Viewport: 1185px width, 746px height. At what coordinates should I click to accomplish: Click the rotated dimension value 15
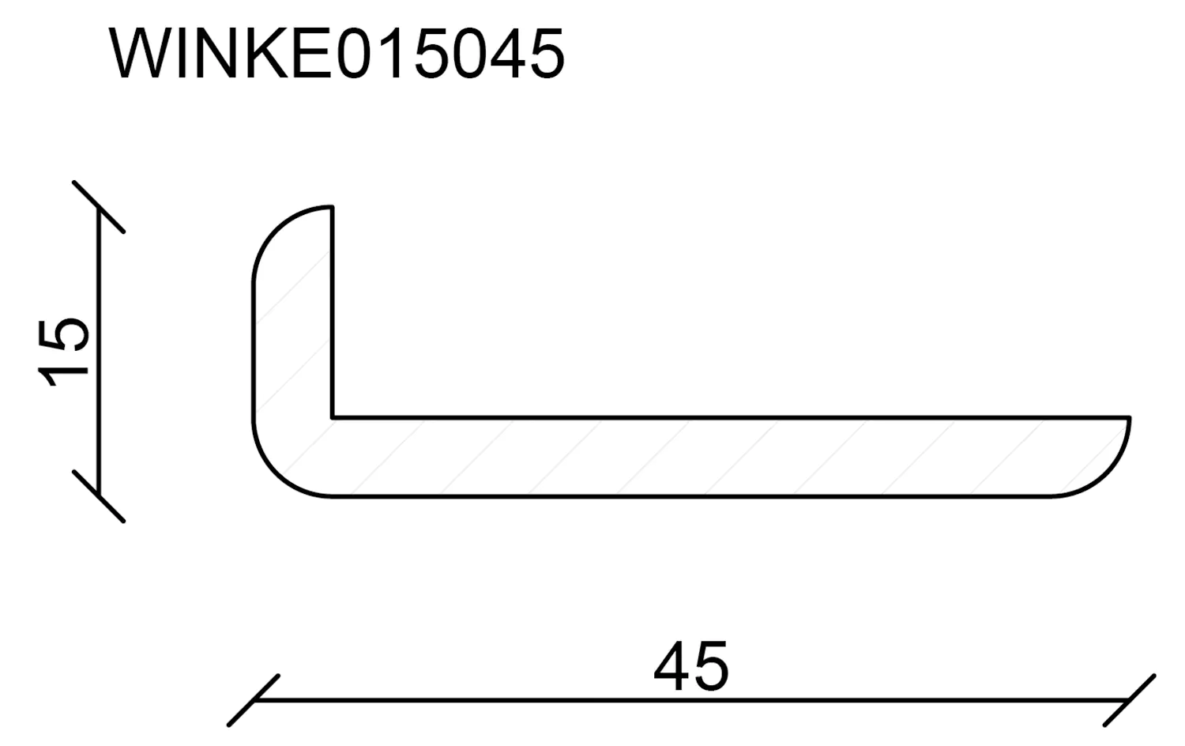(x=65, y=351)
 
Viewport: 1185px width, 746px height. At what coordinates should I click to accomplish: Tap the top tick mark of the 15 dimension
(x=99, y=207)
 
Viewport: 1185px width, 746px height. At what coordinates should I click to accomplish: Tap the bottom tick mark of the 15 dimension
(x=99, y=496)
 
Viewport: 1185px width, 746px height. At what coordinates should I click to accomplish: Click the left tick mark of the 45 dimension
(x=253, y=700)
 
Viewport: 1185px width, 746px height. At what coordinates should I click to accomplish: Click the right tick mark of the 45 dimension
(x=1130, y=700)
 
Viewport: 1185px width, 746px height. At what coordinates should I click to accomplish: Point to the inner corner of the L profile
(x=333, y=416)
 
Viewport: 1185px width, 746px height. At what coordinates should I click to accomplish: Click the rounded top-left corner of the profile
(x=273, y=229)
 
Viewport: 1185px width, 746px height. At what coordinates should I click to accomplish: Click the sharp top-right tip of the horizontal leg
(x=1129, y=417)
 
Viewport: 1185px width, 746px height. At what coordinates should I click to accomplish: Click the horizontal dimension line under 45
(x=553, y=700)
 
